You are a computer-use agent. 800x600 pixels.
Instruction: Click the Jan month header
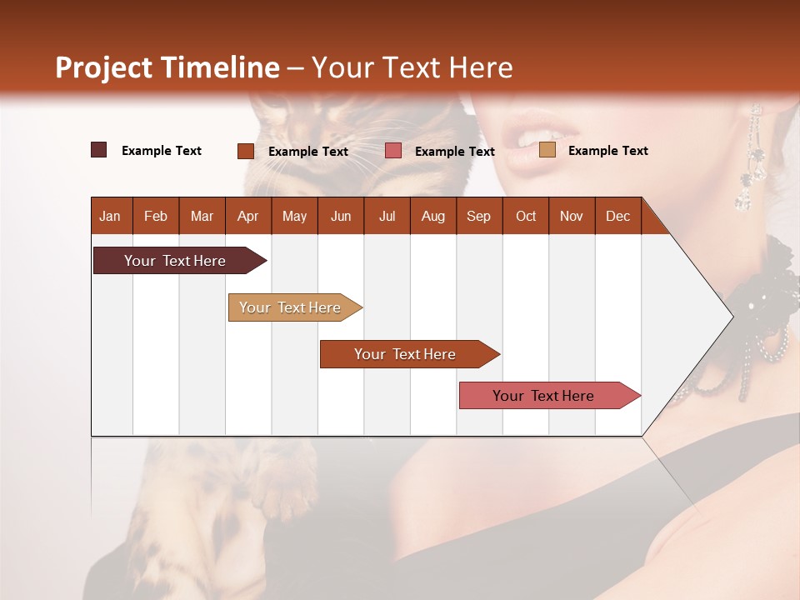click(x=110, y=216)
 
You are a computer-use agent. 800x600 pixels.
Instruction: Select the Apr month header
click(x=247, y=216)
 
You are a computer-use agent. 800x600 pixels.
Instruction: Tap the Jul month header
click(x=387, y=216)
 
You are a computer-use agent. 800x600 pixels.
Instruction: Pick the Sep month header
click(x=478, y=216)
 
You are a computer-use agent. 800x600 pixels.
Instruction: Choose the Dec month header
click(x=617, y=216)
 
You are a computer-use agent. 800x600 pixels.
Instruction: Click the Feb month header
click(x=156, y=216)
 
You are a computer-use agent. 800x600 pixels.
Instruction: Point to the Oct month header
click(x=526, y=216)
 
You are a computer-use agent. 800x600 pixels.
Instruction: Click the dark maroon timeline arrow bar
click(x=175, y=261)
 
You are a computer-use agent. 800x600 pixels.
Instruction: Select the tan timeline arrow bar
click(x=290, y=307)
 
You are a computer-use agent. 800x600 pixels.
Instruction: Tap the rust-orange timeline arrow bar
click(x=405, y=354)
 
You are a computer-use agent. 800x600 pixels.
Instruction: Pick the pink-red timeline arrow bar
click(x=543, y=396)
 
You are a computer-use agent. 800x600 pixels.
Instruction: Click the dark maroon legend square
click(x=98, y=150)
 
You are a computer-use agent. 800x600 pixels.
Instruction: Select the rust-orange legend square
click(x=245, y=151)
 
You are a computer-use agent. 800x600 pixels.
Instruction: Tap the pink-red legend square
click(x=393, y=151)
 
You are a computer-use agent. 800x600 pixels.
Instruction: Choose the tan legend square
click(x=547, y=150)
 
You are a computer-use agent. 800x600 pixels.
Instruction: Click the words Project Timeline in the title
click(x=167, y=67)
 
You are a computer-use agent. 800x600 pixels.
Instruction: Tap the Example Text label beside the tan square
click(x=607, y=151)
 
